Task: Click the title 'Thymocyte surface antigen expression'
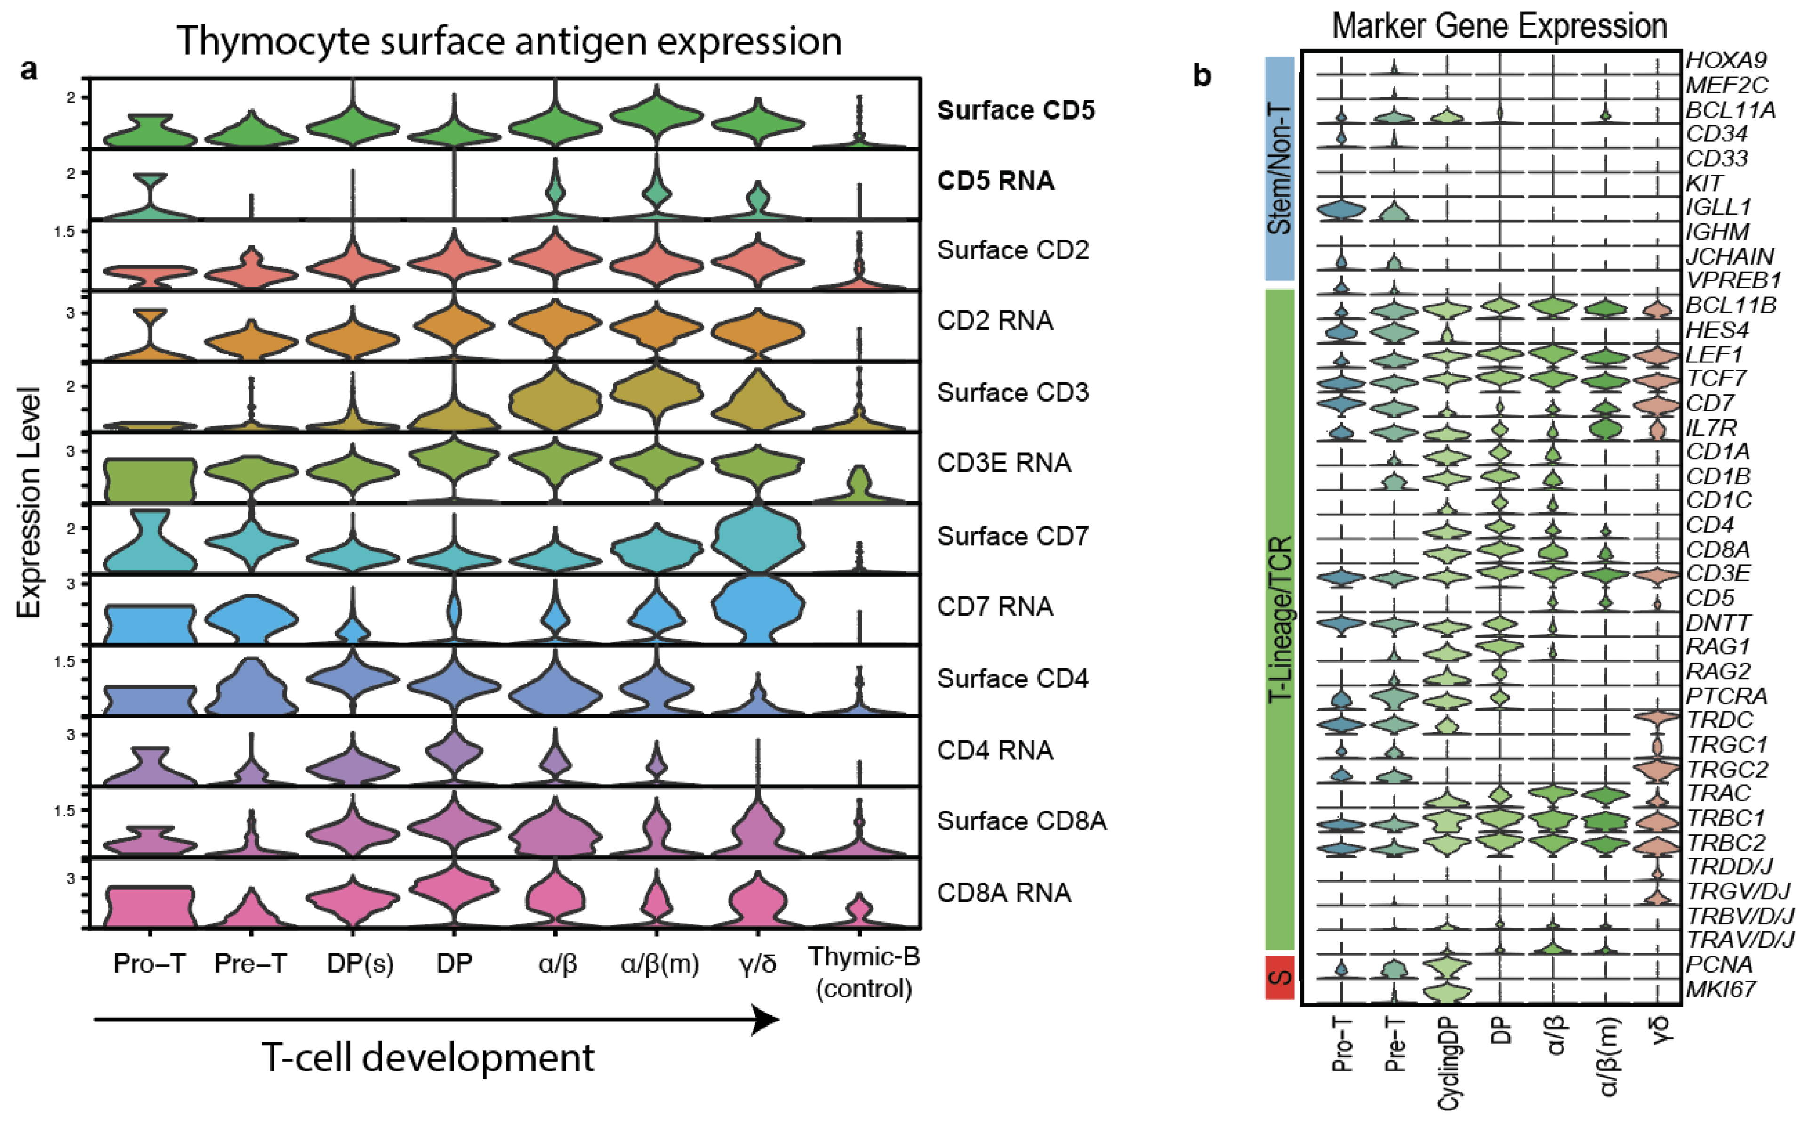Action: [x=509, y=41]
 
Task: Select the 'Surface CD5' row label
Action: [x=1016, y=110]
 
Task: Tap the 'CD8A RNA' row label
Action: [x=1003, y=892]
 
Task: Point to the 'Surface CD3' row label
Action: [x=1012, y=393]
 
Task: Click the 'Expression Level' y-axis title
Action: [x=28, y=503]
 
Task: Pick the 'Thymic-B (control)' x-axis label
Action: [x=864, y=973]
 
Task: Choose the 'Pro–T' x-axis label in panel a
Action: [x=149, y=964]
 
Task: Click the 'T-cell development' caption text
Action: [x=428, y=1057]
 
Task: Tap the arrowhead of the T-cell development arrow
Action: [x=765, y=1020]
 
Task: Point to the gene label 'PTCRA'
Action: [x=1726, y=696]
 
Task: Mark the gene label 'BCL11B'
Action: [x=1730, y=306]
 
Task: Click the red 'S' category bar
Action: [x=1280, y=977]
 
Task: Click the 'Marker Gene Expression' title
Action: [x=1499, y=27]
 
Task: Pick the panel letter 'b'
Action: [x=1202, y=75]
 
